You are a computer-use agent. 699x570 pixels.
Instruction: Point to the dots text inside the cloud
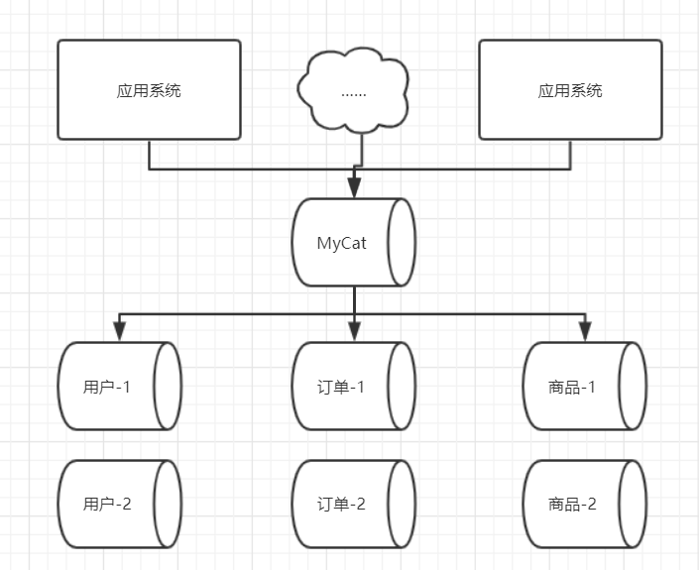[354, 92]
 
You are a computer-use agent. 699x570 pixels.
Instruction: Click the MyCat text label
[341, 243]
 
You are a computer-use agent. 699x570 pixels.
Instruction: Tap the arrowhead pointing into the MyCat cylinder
[354, 188]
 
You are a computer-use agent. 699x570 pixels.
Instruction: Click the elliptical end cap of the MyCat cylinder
[402, 243]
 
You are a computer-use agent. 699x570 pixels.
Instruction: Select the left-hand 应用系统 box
[149, 89]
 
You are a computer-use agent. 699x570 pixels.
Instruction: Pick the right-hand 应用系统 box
[570, 89]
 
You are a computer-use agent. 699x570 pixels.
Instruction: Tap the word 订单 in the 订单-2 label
[334, 504]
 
